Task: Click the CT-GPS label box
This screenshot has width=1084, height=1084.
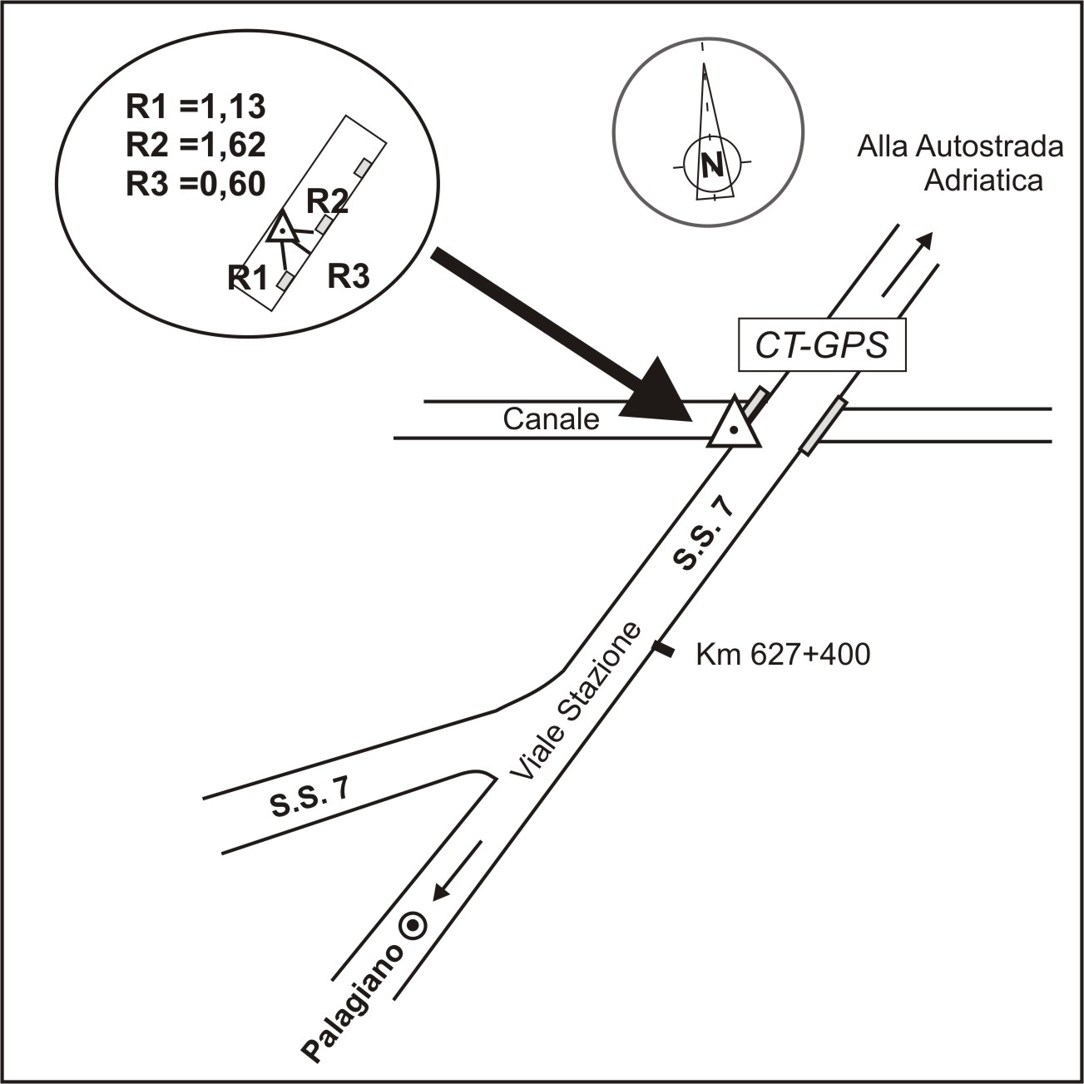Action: (822, 344)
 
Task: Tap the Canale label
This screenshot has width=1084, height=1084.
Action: (552, 419)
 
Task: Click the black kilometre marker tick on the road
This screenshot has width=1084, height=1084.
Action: (663, 649)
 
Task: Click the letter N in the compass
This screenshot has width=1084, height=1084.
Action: (712, 165)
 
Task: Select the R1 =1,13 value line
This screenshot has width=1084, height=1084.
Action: (196, 106)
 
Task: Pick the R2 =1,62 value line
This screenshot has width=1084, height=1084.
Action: (196, 145)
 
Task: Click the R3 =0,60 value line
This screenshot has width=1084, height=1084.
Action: (196, 183)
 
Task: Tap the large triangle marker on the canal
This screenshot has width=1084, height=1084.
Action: (735, 423)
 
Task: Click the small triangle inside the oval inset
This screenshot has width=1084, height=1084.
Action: (283, 227)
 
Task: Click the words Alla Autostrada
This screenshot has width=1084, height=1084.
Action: (960, 147)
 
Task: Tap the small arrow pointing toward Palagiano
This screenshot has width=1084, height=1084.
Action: (458, 871)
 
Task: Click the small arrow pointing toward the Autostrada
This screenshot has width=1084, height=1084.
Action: (907, 264)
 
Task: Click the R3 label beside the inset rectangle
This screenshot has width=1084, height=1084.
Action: (349, 276)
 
